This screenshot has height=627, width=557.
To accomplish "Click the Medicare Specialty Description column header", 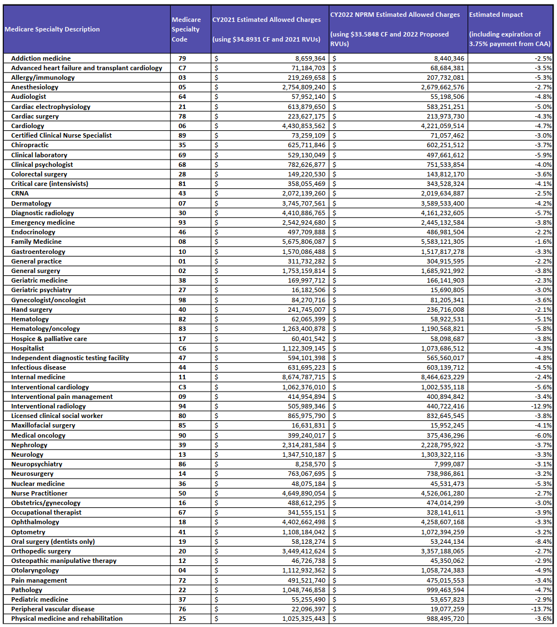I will coord(52,29).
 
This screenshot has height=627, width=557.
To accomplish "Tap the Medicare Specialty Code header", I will coord(186,29).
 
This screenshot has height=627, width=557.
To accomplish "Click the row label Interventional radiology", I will coord(48,406).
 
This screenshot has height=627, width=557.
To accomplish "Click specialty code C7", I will coord(182,68).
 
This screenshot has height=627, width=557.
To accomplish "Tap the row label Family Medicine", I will coord(37,242).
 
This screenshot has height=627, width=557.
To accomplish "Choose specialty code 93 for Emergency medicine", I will coord(182,222).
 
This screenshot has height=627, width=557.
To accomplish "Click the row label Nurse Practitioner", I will coord(39,493).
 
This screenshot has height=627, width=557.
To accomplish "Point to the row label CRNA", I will coord(20,193).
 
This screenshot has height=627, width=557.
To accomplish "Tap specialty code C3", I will coord(182,387).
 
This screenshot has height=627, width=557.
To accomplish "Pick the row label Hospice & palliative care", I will coord(49,339).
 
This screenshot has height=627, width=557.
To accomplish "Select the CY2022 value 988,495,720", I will coord(436,619).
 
